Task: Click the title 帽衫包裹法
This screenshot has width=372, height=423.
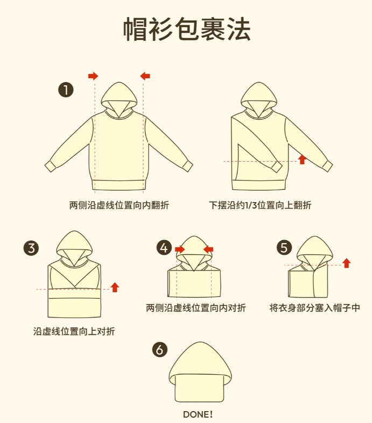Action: [x=187, y=29]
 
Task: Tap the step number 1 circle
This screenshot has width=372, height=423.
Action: [x=66, y=90]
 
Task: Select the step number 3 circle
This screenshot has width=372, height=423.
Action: [x=31, y=248]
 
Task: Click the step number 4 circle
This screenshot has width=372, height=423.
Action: [x=164, y=247]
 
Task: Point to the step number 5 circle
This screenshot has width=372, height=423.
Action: [x=284, y=247]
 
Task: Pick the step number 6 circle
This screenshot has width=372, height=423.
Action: [x=160, y=350]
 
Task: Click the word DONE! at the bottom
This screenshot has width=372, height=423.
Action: [x=198, y=414]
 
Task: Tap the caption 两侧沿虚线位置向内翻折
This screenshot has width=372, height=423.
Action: [x=119, y=205]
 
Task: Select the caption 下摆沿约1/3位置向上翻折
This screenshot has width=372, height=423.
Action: [x=260, y=205]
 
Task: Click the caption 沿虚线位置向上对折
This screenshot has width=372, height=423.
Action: [x=74, y=331]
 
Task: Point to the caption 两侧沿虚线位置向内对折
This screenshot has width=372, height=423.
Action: [x=196, y=308]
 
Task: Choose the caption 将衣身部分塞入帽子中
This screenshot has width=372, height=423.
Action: [x=314, y=308]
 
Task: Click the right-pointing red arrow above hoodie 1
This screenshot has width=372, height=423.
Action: [x=93, y=76]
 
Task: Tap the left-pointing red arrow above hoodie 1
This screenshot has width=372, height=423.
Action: [x=145, y=76]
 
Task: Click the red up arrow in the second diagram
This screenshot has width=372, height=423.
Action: [x=302, y=159]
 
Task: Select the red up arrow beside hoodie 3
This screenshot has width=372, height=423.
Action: [x=115, y=287]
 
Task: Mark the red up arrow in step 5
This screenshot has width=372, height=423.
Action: [x=347, y=263]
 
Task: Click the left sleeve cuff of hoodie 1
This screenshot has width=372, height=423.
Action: [x=51, y=166]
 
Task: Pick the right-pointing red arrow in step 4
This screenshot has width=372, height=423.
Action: [x=180, y=249]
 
